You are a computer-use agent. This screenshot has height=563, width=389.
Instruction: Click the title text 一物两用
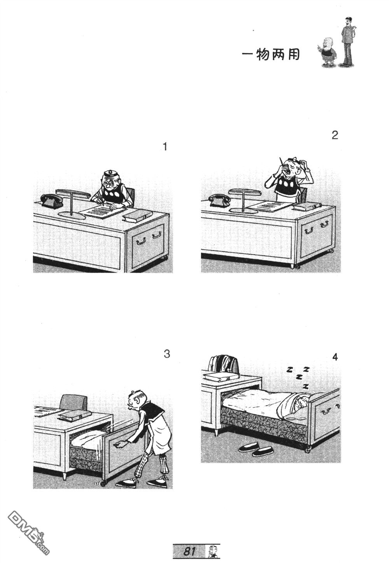271,54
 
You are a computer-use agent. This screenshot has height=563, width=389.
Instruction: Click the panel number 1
165,147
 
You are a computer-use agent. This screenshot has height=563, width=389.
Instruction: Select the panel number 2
335,135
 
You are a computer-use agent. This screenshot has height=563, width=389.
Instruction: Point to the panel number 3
167,354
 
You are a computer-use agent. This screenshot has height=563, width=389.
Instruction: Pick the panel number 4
335,357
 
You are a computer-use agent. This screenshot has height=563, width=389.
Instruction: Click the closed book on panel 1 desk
137,216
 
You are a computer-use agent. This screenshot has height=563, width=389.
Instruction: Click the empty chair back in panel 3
74,402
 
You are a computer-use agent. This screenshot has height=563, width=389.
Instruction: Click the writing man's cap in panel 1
111,173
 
